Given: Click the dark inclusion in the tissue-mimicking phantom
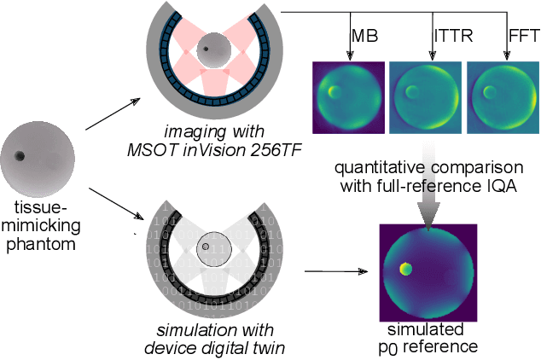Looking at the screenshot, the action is pos(19,156).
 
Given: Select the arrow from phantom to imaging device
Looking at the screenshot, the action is pos(113,113).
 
